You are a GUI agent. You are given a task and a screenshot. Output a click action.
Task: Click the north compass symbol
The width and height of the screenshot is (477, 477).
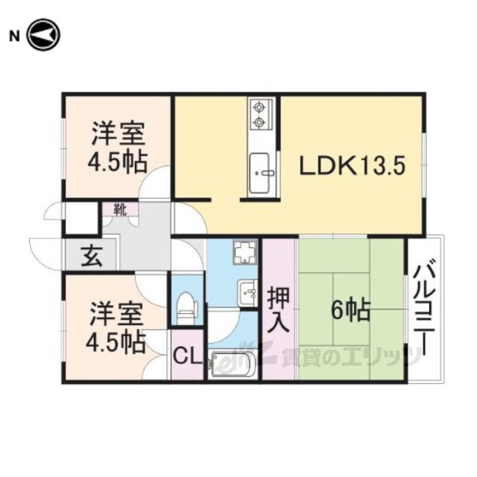[x=44, y=35]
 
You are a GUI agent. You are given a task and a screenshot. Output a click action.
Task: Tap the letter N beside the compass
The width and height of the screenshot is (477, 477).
[x=14, y=37]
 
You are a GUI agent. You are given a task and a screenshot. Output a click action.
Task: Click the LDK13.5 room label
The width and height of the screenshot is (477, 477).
[x=353, y=166]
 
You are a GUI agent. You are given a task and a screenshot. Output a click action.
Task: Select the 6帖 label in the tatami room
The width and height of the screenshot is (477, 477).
[x=351, y=310]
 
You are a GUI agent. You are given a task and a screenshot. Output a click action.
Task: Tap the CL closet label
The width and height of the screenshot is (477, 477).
[x=188, y=356]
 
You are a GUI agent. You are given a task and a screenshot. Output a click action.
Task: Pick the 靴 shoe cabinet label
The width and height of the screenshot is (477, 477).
[x=120, y=209]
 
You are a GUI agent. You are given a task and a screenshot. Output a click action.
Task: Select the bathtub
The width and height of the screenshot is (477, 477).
[x=233, y=364]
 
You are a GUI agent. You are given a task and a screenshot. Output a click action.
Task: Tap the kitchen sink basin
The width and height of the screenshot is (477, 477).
[x=259, y=174]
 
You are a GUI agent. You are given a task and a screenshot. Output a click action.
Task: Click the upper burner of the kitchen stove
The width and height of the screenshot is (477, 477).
[x=259, y=107]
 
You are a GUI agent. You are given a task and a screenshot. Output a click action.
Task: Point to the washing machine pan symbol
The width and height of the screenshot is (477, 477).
[x=245, y=252]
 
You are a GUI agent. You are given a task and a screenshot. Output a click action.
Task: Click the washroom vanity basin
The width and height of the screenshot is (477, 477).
[x=248, y=293]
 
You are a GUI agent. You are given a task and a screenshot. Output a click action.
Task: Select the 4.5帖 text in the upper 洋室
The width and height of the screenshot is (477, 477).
[x=118, y=162]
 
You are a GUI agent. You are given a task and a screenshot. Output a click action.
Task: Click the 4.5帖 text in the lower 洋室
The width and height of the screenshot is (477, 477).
[x=116, y=342]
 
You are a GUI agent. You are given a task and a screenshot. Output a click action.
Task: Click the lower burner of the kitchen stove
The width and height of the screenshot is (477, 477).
[x=259, y=122]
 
